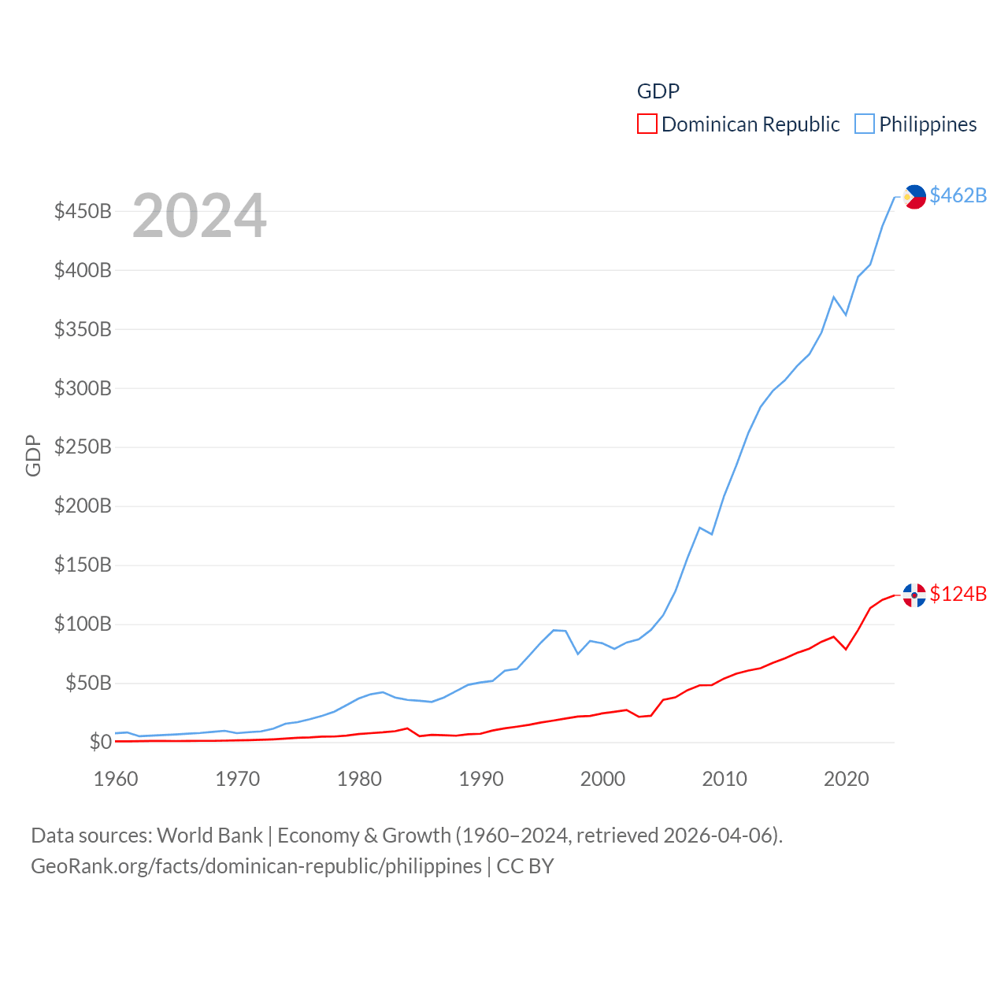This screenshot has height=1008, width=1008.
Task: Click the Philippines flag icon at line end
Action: click(x=914, y=196)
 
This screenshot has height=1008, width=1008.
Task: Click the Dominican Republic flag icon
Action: click(x=914, y=595)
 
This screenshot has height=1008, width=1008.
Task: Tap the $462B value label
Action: click(x=958, y=195)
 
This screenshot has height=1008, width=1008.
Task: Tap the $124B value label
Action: click(x=958, y=594)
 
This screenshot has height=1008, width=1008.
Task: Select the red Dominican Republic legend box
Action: click(x=647, y=124)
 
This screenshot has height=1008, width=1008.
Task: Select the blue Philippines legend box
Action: click(x=865, y=124)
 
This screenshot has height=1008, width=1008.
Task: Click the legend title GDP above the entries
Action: click(x=658, y=91)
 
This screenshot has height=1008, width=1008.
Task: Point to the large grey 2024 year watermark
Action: click(x=199, y=216)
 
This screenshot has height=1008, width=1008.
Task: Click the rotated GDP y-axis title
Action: click(x=33, y=455)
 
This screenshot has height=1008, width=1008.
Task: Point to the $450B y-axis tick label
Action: click(x=83, y=211)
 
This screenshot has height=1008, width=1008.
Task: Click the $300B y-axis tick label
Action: click(x=83, y=388)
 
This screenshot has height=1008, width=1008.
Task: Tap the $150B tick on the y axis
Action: click(x=83, y=565)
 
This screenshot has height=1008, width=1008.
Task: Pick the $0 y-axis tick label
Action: click(x=100, y=742)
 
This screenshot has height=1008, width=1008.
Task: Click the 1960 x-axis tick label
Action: click(x=116, y=779)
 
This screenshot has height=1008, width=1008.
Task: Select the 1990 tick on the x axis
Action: click(x=481, y=779)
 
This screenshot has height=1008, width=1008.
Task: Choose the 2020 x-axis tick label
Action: click(x=846, y=779)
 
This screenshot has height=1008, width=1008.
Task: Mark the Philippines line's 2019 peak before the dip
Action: click(x=833, y=297)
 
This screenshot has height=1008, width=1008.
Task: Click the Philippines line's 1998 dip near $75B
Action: click(x=578, y=654)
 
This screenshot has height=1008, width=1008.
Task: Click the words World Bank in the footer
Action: click(x=210, y=835)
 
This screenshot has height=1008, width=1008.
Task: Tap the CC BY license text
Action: click(x=525, y=866)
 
